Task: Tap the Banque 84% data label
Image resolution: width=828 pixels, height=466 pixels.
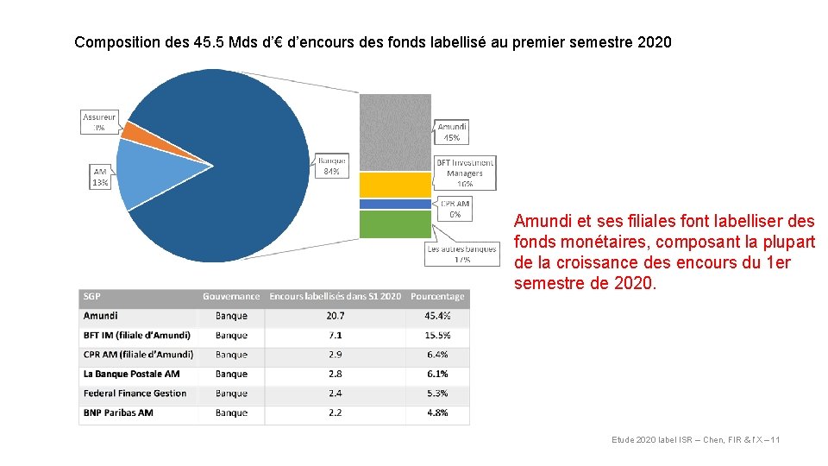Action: [x=332, y=166]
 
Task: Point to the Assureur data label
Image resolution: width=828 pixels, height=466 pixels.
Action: [x=99, y=122]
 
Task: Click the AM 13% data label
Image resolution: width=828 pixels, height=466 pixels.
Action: [x=101, y=177]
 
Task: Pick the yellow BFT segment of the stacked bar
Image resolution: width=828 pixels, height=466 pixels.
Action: [x=394, y=184]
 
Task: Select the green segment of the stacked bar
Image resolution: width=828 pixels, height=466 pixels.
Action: [x=394, y=224]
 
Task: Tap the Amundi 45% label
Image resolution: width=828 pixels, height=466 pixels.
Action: [x=452, y=132]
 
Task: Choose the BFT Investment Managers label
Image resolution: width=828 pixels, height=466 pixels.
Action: [x=465, y=173]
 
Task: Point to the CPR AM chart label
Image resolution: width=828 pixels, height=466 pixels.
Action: [x=455, y=209]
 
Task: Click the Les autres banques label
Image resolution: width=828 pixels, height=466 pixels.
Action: [x=462, y=254]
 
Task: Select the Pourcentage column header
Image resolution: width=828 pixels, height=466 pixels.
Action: [x=437, y=296]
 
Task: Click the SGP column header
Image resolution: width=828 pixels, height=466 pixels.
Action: [x=92, y=296]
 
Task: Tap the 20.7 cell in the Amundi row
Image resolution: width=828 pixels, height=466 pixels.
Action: [x=335, y=316]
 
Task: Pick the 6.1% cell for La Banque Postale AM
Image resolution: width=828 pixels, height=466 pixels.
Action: [x=437, y=374]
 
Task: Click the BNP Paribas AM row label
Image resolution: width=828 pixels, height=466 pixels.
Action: [x=118, y=412]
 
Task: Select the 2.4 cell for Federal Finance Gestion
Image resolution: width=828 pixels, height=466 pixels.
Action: [x=335, y=394]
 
